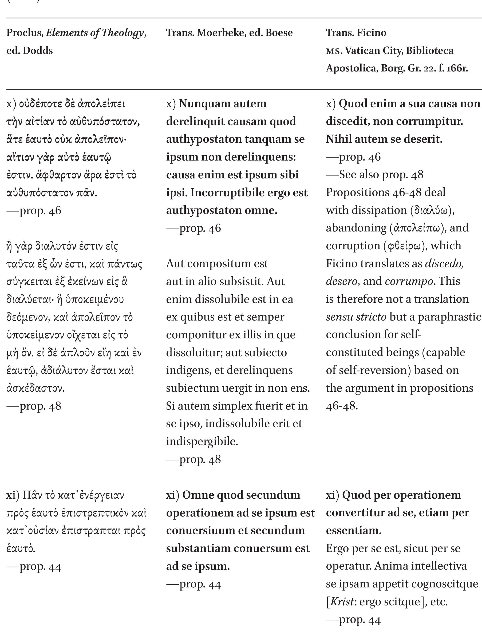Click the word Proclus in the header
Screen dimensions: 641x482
coord(25,33)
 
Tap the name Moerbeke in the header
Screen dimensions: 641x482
coord(221,33)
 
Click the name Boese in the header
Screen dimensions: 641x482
coord(279,33)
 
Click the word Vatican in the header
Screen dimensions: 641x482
coord(364,51)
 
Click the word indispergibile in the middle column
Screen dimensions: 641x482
coord(202,441)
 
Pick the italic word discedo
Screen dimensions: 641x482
coord(444,263)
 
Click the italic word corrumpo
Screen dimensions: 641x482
coord(409,281)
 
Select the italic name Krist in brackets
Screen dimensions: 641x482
coord(342,602)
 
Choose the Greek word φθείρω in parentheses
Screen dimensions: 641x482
coord(405,246)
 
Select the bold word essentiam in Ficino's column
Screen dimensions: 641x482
coord(353,531)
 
